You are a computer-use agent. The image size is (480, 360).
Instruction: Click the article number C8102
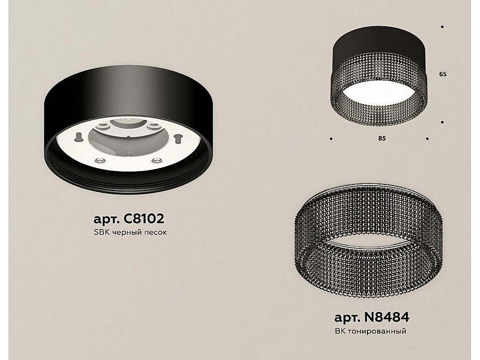(x=143, y=219)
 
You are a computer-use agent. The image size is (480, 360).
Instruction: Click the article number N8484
(x=386, y=317)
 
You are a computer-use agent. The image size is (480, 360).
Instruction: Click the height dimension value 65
(x=443, y=74)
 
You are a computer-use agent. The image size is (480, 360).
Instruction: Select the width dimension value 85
(x=382, y=138)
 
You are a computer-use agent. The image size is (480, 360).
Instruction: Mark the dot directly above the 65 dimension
(x=442, y=27)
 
